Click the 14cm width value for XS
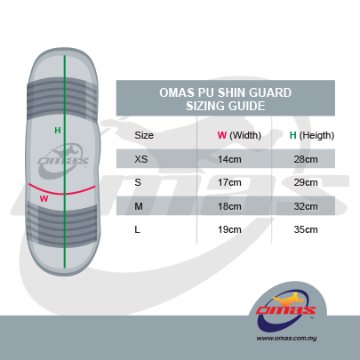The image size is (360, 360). point(229,159)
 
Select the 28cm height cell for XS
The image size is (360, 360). point(306,159)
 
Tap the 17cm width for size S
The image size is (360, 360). point(229,182)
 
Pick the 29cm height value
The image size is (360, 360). point(306,182)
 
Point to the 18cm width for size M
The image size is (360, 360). point(229,206)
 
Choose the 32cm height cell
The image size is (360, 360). point(306,206)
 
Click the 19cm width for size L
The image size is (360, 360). point(229,229)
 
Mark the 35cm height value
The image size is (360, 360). point(306,229)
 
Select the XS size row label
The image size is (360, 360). point(141,159)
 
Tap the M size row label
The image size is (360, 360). point(139,206)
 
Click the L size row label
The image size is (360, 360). point(137,229)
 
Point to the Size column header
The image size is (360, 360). point(144,135)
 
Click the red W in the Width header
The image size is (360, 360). point(222,135)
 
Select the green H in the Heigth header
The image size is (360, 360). point(292,135)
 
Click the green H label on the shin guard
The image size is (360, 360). point(58,130)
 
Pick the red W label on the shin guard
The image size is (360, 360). point(44,198)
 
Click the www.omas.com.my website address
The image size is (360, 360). point(286,338)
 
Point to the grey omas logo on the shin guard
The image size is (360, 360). point(63,160)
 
